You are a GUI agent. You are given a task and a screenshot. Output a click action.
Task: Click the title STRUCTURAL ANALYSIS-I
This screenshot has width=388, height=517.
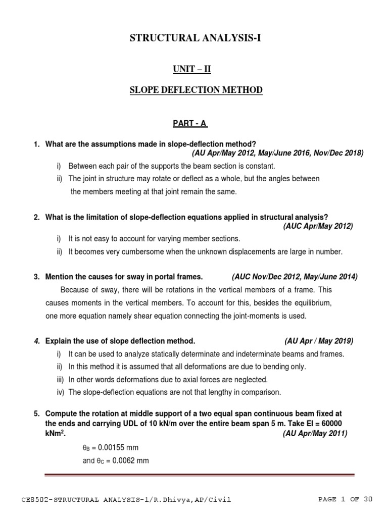[x=194, y=37]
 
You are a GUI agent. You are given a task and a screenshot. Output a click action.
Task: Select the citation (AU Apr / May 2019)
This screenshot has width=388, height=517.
[x=318, y=341]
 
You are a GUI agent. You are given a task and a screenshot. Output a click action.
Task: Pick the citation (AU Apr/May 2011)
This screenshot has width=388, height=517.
[x=315, y=433]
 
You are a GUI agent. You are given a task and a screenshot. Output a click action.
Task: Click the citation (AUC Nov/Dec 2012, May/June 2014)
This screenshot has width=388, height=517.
[x=295, y=277]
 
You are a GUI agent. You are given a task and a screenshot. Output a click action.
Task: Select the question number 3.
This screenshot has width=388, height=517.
[x=36, y=277]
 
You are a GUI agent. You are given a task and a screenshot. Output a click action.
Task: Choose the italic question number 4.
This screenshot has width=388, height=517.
[x=36, y=341]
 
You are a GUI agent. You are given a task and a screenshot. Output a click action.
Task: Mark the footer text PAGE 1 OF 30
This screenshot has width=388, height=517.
[x=345, y=500]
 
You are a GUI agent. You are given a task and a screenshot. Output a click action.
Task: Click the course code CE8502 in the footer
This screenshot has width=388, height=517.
[x=37, y=500]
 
